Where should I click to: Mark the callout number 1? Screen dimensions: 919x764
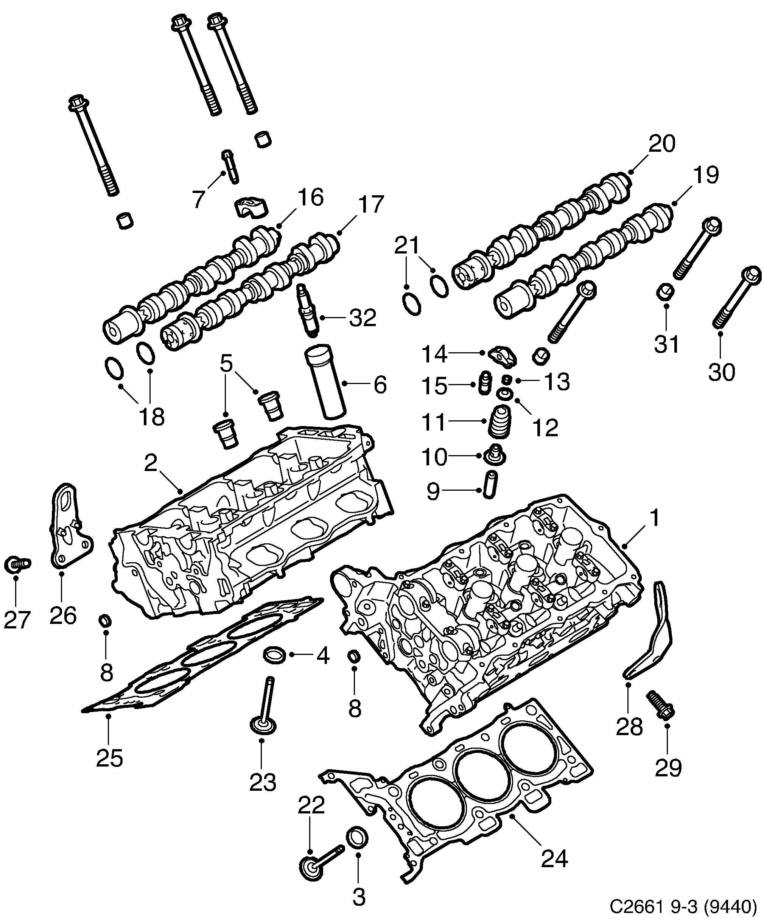tap(654, 519)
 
